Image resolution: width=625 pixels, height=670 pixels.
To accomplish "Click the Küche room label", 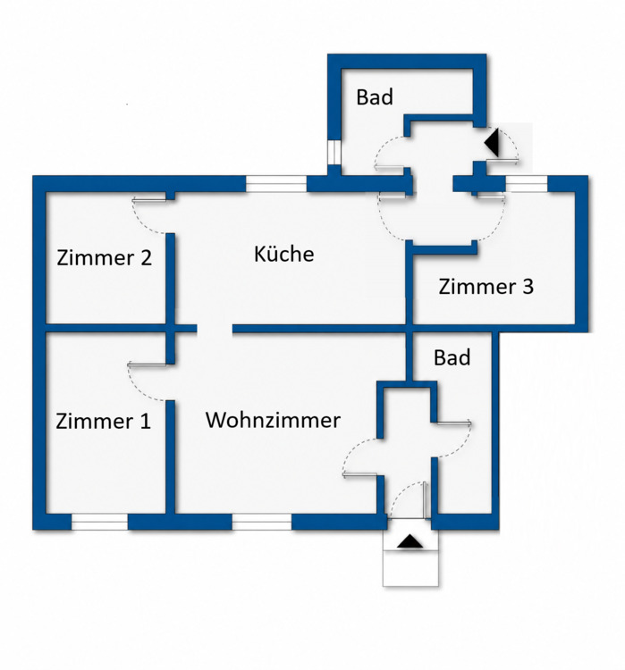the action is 284,254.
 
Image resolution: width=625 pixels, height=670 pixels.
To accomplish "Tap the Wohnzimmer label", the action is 273,420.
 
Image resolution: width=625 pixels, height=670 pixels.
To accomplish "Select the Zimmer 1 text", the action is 103,421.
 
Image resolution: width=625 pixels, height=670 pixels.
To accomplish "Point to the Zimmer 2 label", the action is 104,257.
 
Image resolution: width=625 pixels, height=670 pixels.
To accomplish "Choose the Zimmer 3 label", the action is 486,286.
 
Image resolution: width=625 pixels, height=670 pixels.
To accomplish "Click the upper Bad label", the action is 375,97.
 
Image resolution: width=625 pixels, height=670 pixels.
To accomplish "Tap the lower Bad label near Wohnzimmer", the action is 452,357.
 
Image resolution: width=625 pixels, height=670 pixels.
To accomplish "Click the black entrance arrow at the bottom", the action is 410,541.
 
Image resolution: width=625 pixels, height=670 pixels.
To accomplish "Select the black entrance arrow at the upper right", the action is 492,142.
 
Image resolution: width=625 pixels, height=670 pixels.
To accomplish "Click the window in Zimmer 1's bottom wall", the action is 99,523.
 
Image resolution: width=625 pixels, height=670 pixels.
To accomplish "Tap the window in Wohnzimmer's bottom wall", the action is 262,523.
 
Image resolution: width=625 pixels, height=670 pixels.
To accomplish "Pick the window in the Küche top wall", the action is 276,184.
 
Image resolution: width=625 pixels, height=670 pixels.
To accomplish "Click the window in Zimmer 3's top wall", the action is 526,184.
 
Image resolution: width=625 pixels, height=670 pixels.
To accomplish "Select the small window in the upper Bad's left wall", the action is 334,152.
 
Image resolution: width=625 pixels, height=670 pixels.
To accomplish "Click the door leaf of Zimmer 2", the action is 148,199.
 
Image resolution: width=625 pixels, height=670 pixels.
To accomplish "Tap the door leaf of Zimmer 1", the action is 147,364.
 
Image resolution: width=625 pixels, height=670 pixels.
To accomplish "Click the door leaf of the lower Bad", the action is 453,423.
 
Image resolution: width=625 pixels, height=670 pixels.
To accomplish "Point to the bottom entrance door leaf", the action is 425,499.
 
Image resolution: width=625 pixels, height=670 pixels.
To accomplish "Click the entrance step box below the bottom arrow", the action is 410,568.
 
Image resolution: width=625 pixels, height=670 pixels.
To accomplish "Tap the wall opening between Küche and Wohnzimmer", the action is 215,329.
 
